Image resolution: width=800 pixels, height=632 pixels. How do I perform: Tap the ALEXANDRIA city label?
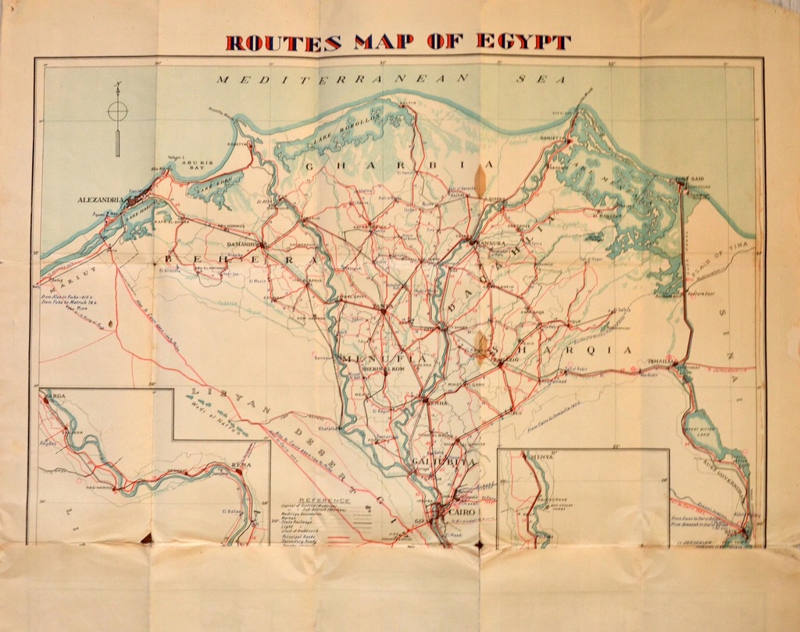101,201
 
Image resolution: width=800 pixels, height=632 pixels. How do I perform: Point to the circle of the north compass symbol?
117,112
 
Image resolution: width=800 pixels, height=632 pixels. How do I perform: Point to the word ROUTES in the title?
283,42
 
